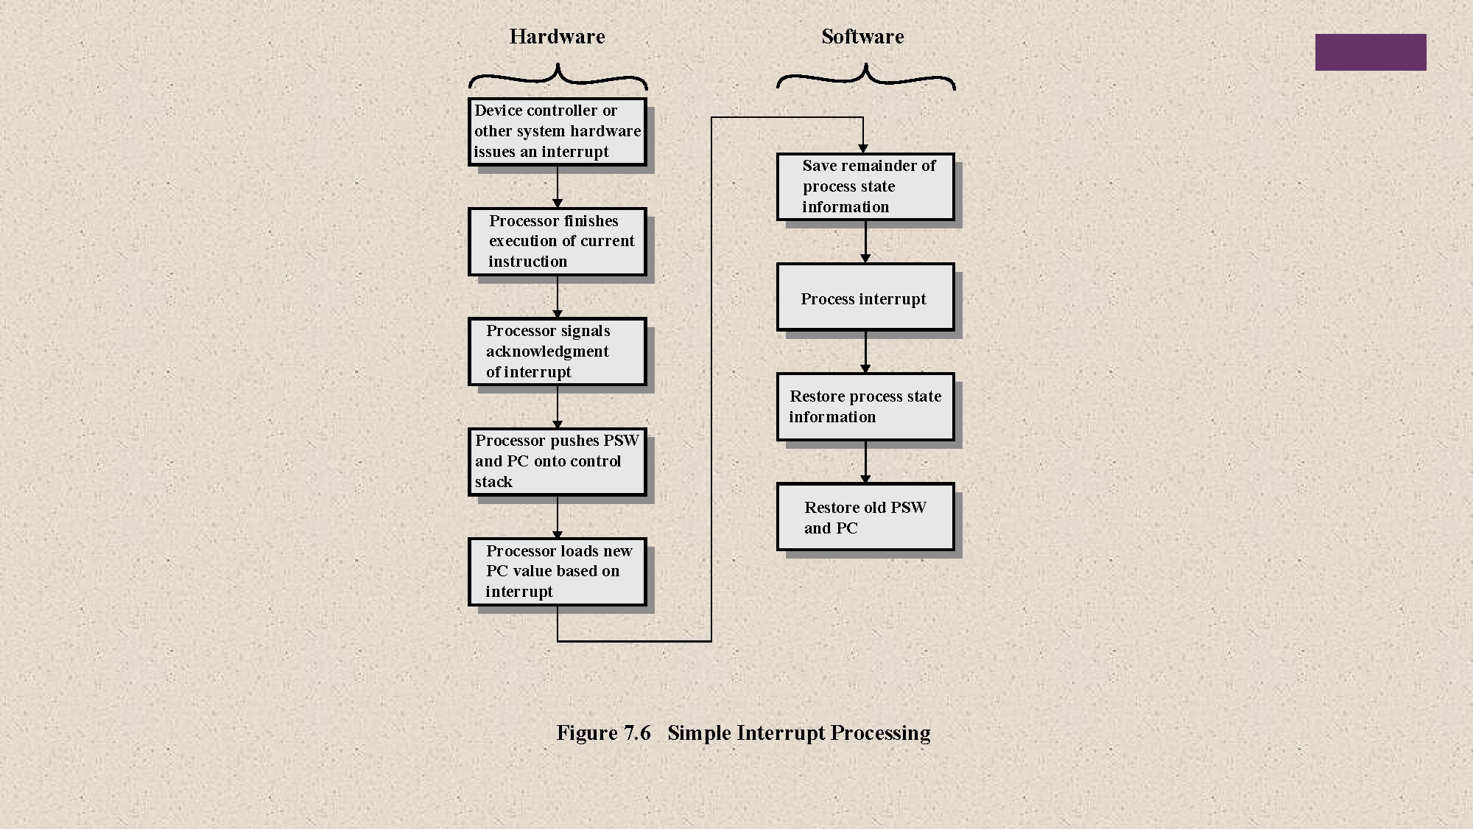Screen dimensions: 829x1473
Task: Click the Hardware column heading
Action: click(557, 37)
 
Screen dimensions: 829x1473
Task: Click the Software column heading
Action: click(862, 37)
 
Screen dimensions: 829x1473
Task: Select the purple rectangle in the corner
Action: click(1370, 52)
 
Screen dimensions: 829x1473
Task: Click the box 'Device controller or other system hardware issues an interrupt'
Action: click(558, 132)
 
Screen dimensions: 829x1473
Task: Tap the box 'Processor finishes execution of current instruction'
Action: click(558, 242)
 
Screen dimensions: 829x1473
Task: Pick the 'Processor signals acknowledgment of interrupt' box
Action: click(558, 351)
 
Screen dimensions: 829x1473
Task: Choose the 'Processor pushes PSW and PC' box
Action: click(558, 462)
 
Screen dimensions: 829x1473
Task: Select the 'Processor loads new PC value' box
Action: click(558, 572)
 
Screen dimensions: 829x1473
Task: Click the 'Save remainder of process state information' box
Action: click(865, 186)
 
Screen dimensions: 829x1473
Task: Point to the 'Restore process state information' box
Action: click(865, 407)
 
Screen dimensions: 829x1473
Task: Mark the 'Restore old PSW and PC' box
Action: click(865, 517)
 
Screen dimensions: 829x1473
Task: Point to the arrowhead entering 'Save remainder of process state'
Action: click(863, 149)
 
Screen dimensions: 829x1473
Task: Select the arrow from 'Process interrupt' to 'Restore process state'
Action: click(865, 352)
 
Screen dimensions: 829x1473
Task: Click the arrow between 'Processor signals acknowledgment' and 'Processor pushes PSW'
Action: click(558, 407)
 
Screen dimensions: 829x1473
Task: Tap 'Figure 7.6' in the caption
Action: click(603, 733)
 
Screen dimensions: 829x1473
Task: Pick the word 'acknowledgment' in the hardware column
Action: click(547, 351)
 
